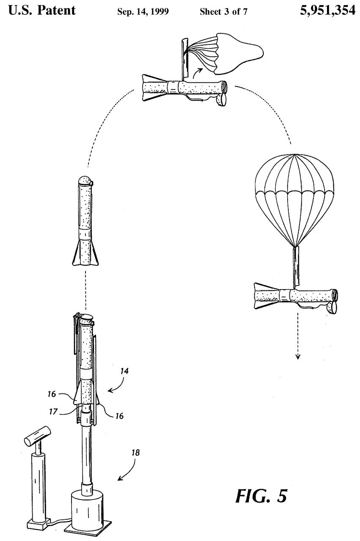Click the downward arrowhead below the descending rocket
click(298, 356)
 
